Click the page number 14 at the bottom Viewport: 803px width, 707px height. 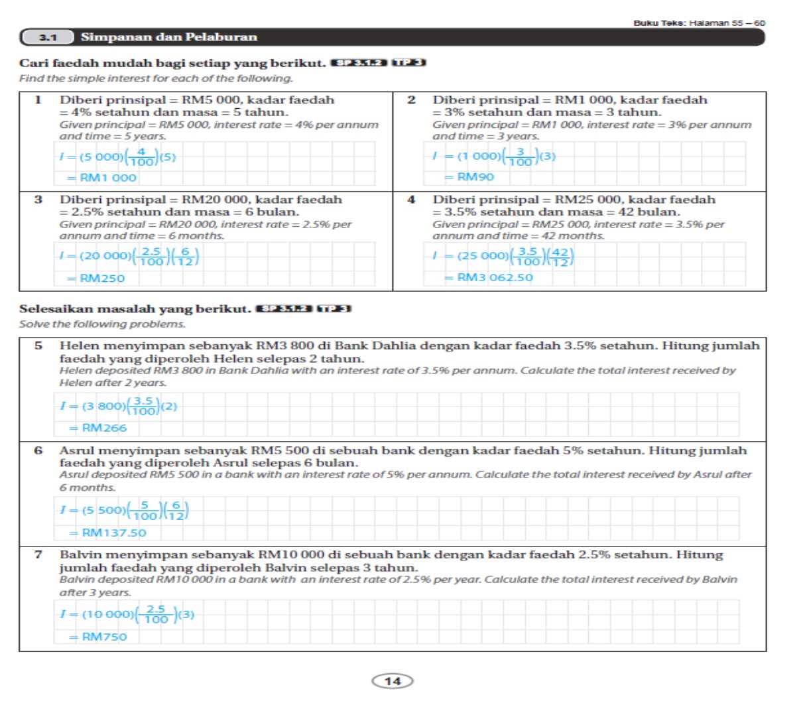[393, 681]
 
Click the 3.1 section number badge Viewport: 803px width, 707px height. [47, 37]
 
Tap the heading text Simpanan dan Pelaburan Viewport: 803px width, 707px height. [168, 37]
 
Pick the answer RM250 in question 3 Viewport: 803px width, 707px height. [102, 278]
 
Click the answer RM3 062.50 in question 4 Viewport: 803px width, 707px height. [494, 277]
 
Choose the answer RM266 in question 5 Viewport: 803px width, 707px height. [104, 428]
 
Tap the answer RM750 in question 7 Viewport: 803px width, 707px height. [104, 637]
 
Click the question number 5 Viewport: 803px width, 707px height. [38, 346]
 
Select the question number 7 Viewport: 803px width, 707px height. [38, 554]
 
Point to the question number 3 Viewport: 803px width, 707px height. [38, 200]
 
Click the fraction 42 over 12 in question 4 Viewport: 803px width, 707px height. [560, 257]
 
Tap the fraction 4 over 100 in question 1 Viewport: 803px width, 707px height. [141, 157]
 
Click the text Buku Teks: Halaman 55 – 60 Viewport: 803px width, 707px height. [699, 23]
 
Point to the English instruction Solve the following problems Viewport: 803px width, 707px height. [102, 324]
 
